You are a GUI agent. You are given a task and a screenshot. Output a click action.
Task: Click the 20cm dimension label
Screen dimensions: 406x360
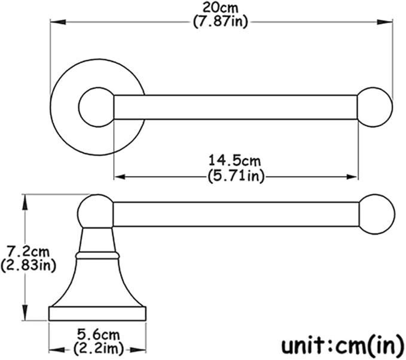tap(220, 8)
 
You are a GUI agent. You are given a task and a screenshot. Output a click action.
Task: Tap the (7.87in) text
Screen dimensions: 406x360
tap(221, 22)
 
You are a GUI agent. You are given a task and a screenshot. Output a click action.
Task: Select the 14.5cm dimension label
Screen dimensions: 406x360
tap(234, 161)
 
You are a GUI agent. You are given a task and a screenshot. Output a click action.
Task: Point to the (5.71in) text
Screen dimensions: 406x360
tap(236, 176)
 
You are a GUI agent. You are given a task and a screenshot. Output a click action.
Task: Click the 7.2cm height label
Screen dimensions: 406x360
tap(28, 251)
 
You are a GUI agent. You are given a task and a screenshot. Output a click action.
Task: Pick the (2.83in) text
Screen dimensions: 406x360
tap(28, 266)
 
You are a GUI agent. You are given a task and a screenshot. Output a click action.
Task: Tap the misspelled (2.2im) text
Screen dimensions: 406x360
tap(99, 349)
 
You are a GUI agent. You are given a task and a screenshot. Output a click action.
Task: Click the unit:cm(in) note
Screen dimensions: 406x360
tap(343, 345)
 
